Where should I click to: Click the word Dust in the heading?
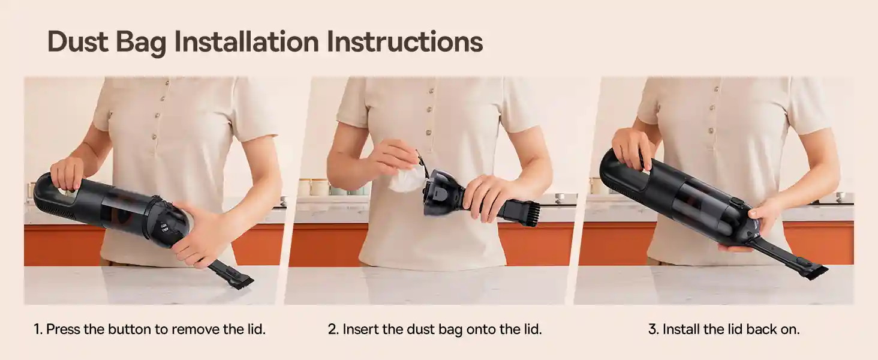(x=77, y=41)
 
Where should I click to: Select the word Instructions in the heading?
(x=404, y=41)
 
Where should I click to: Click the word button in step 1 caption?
(x=130, y=329)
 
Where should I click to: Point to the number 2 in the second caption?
(x=332, y=329)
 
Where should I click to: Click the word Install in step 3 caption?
(x=681, y=329)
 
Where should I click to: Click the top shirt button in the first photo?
(x=167, y=83)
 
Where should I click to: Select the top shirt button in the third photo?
(x=716, y=89)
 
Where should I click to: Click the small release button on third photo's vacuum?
(x=736, y=203)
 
